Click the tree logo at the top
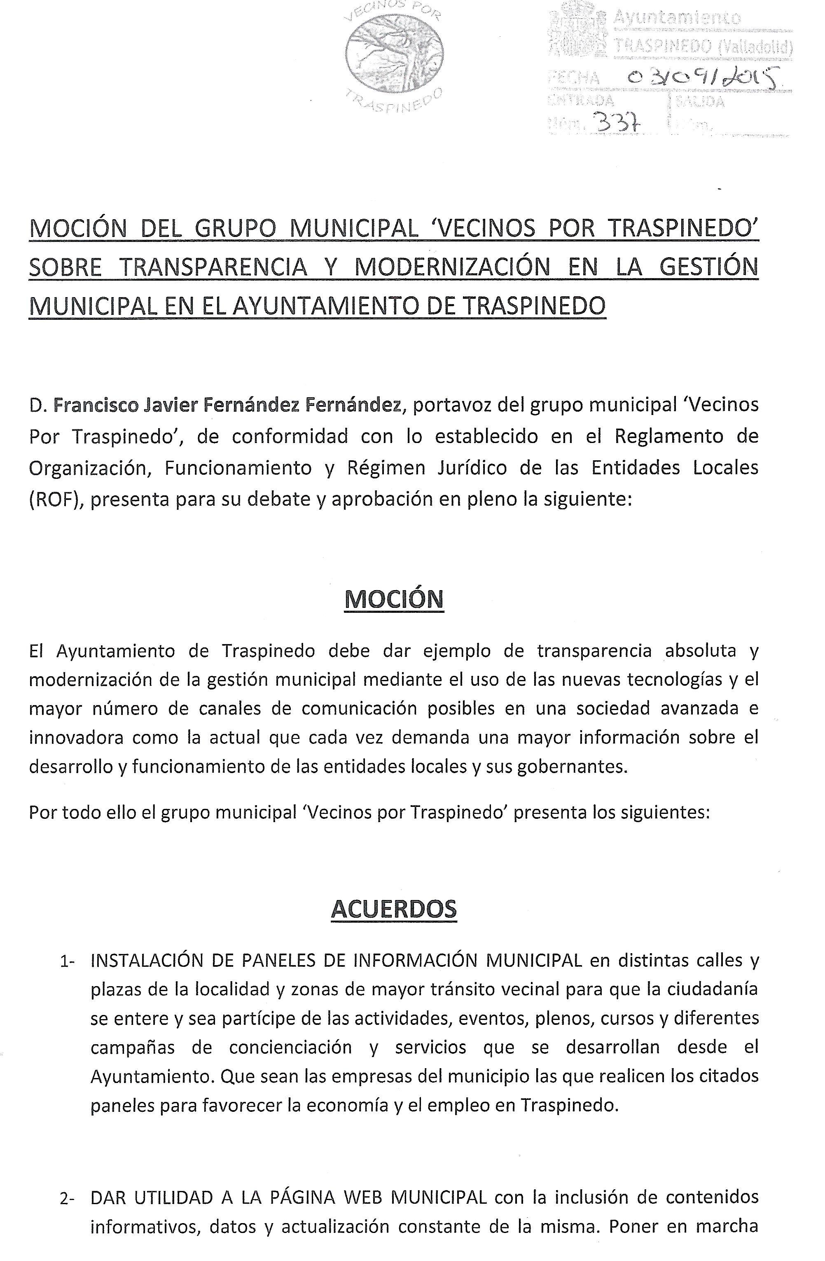tap(395, 56)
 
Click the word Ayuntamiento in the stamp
tap(677, 19)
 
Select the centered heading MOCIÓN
tap(394, 599)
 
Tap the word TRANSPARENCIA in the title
tap(213, 267)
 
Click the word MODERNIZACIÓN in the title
tap(452, 267)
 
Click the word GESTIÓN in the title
tap(709, 267)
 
